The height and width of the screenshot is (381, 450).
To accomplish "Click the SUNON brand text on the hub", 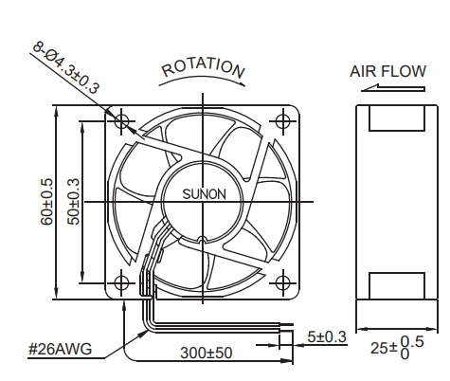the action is [205, 194].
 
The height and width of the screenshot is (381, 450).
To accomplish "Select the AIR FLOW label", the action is [387, 71].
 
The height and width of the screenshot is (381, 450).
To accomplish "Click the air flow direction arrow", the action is [393, 88].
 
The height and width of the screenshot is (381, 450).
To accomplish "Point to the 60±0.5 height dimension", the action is [46, 202].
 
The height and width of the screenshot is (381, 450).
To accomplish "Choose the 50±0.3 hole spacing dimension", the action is [73, 202].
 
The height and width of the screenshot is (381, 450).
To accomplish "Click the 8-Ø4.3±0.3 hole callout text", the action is [66, 67].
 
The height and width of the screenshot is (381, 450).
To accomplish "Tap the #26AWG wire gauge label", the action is [60, 349].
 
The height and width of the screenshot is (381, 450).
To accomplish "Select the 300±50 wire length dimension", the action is [207, 353].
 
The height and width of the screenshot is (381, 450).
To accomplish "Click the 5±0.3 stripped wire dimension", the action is [327, 336].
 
